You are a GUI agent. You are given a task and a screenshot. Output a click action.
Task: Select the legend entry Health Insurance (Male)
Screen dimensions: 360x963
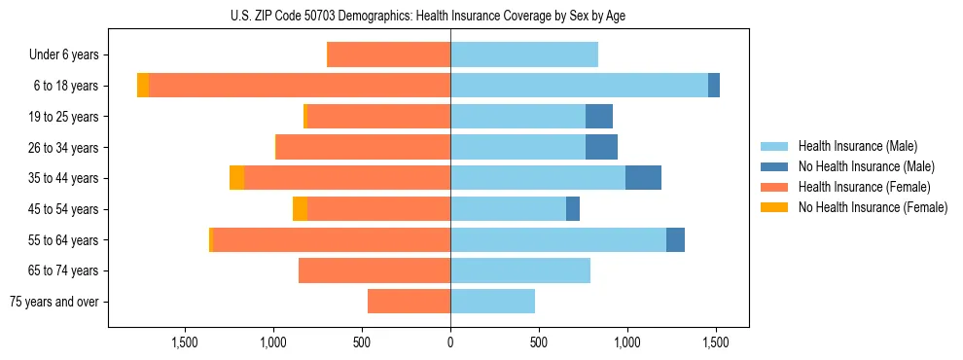coord(857,146)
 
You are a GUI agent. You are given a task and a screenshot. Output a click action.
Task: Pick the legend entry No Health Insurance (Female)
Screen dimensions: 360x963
coord(872,207)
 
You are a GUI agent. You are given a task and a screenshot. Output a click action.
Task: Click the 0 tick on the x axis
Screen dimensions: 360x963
coord(450,342)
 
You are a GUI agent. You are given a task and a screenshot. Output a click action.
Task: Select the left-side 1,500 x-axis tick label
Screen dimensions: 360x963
coord(185,342)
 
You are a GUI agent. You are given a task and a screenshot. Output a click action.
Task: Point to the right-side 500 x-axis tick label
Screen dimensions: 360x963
coord(539,342)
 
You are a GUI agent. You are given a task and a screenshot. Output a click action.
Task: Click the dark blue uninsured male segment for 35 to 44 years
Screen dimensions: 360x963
coord(643,178)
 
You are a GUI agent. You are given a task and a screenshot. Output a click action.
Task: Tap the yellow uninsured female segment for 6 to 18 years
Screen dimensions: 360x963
coord(143,86)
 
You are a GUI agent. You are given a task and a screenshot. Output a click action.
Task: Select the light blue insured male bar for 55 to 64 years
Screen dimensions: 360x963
coord(558,239)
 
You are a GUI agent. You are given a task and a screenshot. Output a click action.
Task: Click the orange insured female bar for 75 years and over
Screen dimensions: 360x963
coord(409,302)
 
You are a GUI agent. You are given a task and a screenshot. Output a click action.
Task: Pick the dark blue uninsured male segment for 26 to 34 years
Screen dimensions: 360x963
coord(601,147)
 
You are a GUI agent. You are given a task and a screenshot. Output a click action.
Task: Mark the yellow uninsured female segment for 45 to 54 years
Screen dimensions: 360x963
coord(300,209)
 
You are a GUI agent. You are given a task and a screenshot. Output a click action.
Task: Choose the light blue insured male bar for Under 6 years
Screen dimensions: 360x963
coord(524,55)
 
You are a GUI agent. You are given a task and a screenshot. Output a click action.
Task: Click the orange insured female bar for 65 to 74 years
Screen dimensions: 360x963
coord(374,270)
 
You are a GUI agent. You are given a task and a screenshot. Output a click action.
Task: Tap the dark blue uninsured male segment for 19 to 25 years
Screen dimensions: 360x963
coord(599,117)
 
